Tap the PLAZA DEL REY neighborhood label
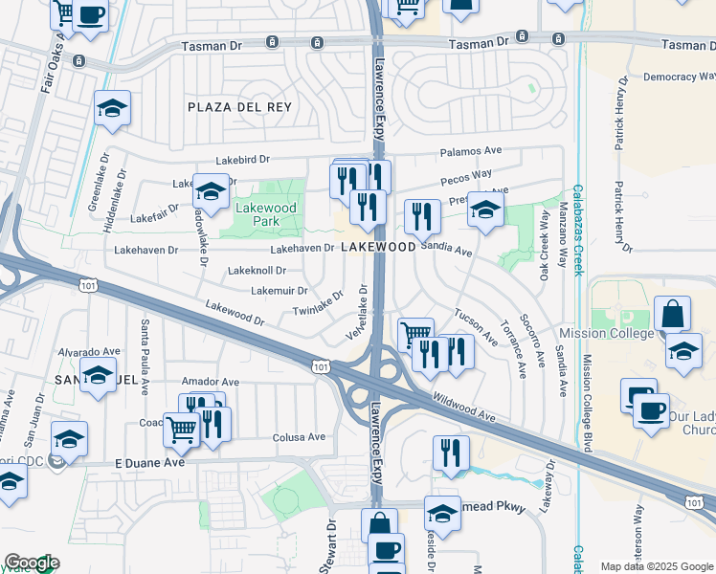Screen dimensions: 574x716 [239, 107]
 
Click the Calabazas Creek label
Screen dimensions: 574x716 [577, 230]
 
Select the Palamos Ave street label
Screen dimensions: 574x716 [471, 151]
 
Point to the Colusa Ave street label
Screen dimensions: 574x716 [302, 437]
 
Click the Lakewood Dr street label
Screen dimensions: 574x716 [235, 314]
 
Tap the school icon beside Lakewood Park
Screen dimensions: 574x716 [211, 190]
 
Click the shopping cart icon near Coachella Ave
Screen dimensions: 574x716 [181, 430]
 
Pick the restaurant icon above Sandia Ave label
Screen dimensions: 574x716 [422, 216]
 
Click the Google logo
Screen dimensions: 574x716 [32, 563]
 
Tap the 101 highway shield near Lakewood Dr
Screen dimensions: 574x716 [320, 365]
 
